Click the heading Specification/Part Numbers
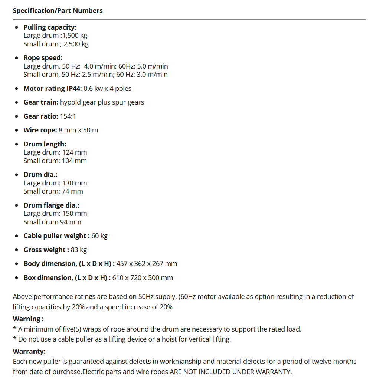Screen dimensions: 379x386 [58, 11]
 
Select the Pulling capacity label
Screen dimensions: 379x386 [50, 27]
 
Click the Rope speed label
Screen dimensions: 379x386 [43, 58]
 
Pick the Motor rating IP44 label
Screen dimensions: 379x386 [53, 89]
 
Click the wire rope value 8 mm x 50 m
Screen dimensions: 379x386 [78, 130]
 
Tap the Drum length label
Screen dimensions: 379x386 [45, 144]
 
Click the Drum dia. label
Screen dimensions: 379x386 [40, 175]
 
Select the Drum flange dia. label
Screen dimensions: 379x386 [51, 205]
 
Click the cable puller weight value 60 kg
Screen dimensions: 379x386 [99, 236]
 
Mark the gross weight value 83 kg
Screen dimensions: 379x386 [79, 250]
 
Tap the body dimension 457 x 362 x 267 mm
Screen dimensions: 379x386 [147, 264]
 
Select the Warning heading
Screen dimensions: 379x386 [28, 319]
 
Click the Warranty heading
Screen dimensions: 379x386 [29, 351]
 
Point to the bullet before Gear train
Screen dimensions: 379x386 [16, 103]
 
